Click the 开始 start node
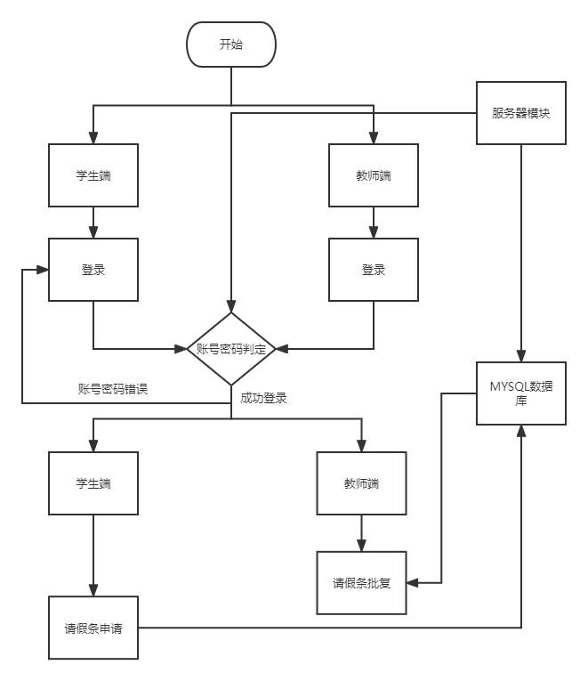tap(231, 45)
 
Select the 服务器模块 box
tap(521, 113)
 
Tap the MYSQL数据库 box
tap(521, 393)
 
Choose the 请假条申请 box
tap(93, 628)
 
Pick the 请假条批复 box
tap(361, 583)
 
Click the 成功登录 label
tap(263, 398)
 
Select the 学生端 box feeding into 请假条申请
tap(93, 483)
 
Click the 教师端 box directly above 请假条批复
tap(361, 483)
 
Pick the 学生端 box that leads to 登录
tap(93, 175)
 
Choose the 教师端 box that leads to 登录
tap(374, 175)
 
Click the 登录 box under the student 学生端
tap(93, 269)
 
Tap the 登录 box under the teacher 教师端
tap(374, 269)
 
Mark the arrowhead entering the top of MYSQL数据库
tap(521, 358)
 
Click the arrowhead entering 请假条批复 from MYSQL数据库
tap(412, 583)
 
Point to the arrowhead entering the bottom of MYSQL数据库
tap(521, 430)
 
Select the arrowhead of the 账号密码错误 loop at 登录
tap(44, 269)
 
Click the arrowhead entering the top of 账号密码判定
tap(231, 307)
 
